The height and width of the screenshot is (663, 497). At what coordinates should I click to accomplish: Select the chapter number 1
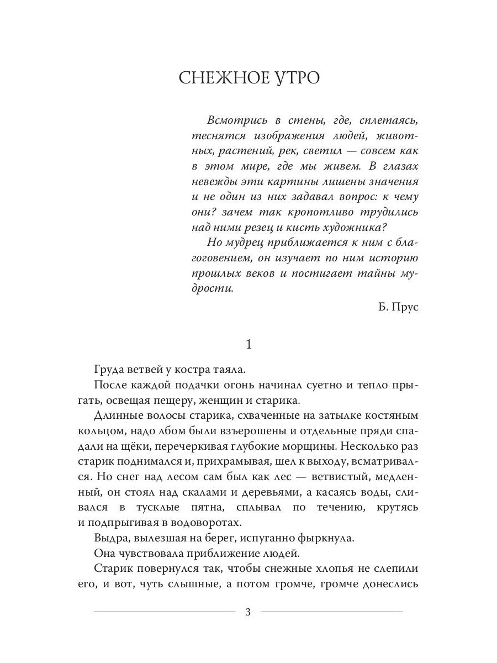(248, 344)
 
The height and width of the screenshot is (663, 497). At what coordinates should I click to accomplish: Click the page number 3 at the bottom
(248, 612)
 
